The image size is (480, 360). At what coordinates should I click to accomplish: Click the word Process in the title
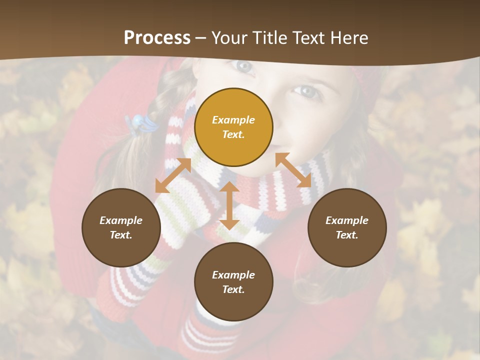157,38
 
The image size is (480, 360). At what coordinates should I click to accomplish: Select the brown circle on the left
121,227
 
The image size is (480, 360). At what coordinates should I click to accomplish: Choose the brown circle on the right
347,227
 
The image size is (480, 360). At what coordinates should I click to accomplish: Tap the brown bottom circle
233,282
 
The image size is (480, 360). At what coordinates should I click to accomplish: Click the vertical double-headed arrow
229,205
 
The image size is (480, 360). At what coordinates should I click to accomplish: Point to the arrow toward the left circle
173,175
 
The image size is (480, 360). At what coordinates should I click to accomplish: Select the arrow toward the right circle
293,170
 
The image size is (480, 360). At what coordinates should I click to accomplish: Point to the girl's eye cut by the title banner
244,65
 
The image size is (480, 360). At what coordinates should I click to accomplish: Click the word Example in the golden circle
233,120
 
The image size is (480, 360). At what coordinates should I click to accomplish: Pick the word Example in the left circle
121,220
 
